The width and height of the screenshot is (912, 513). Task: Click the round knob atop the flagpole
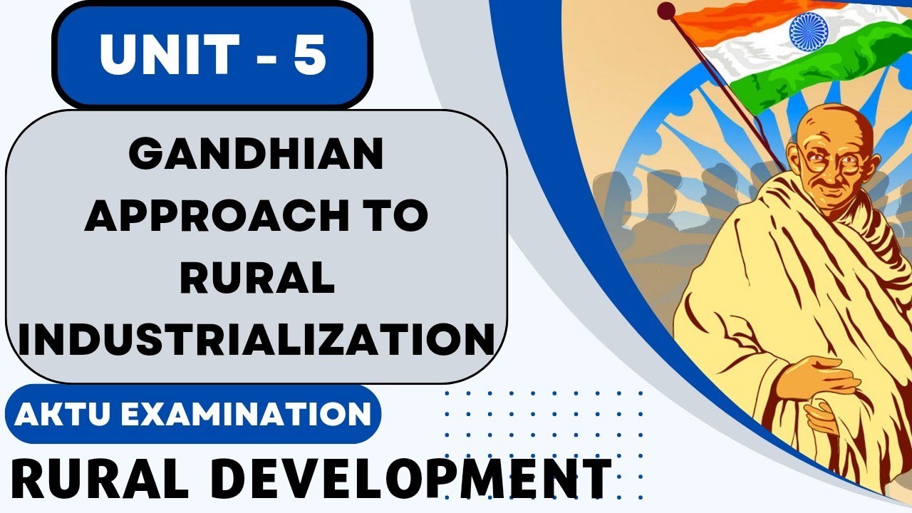(x=666, y=10)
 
